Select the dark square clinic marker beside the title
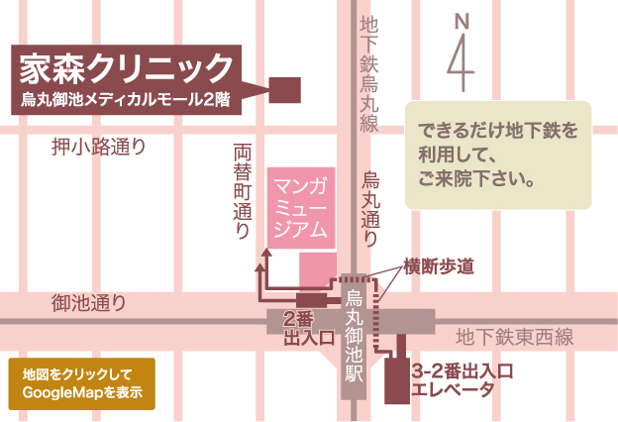pyautogui.click(x=286, y=90)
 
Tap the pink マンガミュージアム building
pyautogui.click(x=301, y=208)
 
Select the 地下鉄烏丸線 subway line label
pyautogui.click(x=369, y=73)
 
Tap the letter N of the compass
pyautogui.click(x=461, y=20)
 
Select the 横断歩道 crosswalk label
pyautogui.click(x=439, y=265)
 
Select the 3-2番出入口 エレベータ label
pyautogui.click(x=464, y=381)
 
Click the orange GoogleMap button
pyautogui.click(x=81, y=383)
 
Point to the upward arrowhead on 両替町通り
pyautogui.click(x=263, y=256)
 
